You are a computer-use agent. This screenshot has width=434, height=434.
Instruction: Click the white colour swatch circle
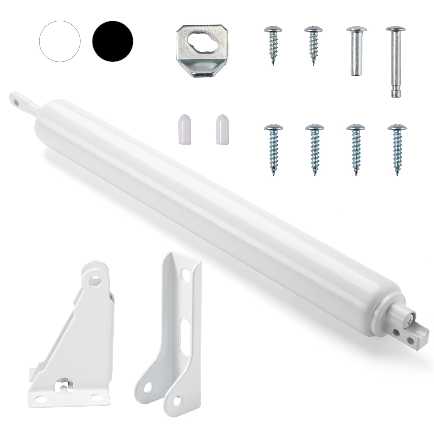(x=60, y=41)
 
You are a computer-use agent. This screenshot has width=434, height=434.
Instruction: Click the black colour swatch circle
(x=113, y=41)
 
